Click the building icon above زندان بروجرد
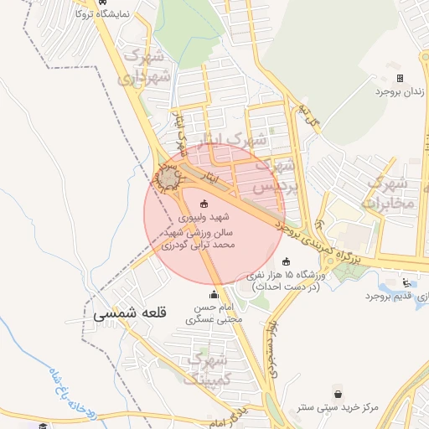tap(400, 78)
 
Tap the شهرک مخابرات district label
tap(385, 193)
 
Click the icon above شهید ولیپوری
tap(204, 204)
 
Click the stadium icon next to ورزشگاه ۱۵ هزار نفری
tap(286, 261)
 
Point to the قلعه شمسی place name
tap(132, 313)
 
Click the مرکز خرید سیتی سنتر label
tap(337, 408)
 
